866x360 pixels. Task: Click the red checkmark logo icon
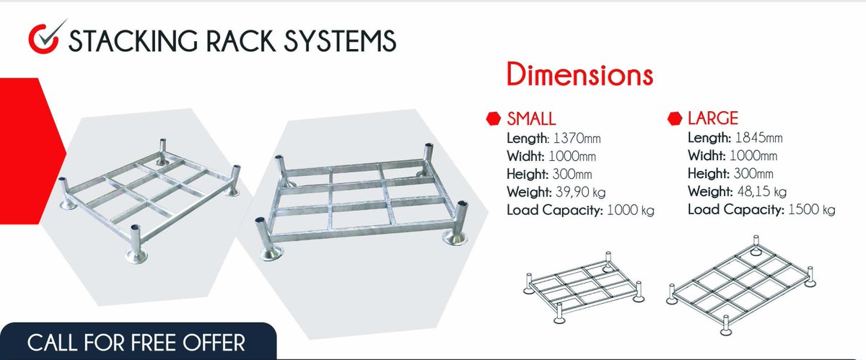coord(45,38)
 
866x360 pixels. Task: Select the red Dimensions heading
coord(579,76)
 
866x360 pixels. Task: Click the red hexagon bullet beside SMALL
coord(494,118)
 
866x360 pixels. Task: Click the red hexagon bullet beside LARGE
coord(675,118)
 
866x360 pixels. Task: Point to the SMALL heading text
coord(531,118)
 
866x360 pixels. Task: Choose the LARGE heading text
coord(713,118)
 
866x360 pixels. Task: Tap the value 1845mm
coord(759,137)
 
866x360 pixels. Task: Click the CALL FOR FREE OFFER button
coord(136,341)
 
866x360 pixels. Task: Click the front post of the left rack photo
coord(135,242)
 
